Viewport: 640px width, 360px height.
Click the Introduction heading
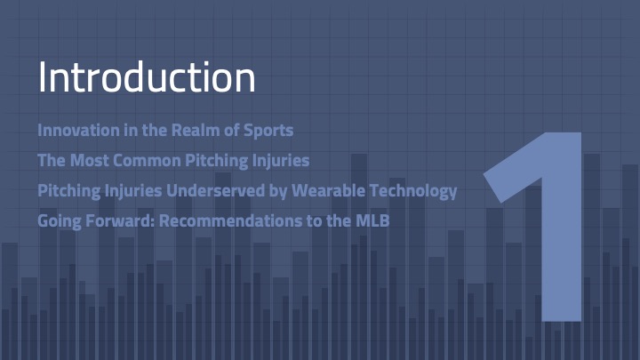pyautogui.click(x=147, y=77)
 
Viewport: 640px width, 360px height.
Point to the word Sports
pyautogui.click(x=268, y=131)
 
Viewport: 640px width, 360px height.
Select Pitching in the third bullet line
pyautogui.click(x=69, y=191)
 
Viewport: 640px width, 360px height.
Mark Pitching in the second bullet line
pyautogui.click(x=216, y=161)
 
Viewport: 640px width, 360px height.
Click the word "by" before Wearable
pyautogui.click(x=278, y=191)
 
